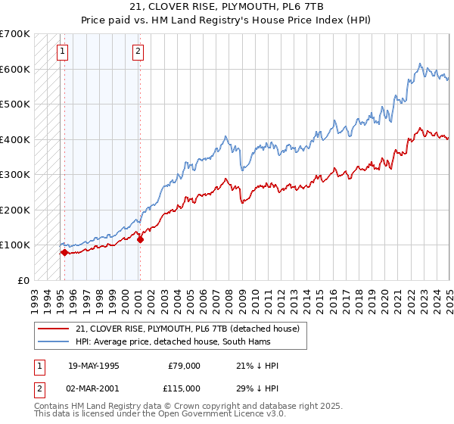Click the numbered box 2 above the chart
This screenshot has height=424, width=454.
click(x=138, y=51)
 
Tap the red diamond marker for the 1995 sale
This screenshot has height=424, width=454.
click(x=64, y=253)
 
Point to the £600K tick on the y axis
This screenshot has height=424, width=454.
click(x=15, y=69)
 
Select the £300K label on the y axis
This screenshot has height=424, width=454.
click(x=15, y=174)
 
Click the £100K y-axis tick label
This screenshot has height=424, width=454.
click(x=15, y=245)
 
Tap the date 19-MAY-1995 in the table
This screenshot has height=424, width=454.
click(x=94, y=366)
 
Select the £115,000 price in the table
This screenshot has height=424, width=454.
click(x=183, y=388)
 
